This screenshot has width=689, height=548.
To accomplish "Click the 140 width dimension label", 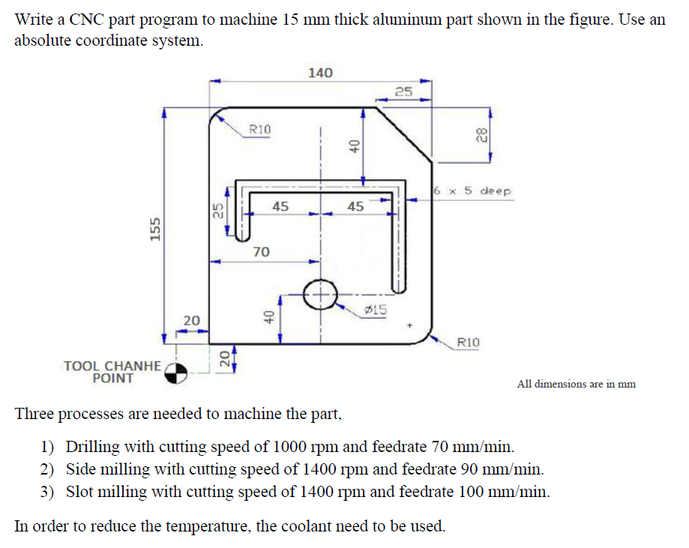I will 320,73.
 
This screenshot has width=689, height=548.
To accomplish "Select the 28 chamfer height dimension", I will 479,135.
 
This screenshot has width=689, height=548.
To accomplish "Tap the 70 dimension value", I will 261,253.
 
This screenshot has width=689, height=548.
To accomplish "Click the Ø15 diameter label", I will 374,310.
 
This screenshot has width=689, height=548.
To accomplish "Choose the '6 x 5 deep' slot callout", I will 472,191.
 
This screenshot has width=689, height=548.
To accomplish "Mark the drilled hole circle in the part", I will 321,294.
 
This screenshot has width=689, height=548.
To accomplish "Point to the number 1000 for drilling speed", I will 301,448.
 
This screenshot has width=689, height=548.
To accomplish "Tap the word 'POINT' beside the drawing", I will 112,379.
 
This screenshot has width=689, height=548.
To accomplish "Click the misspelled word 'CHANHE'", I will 134,366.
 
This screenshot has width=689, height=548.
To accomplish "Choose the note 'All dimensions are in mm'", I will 576,384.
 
